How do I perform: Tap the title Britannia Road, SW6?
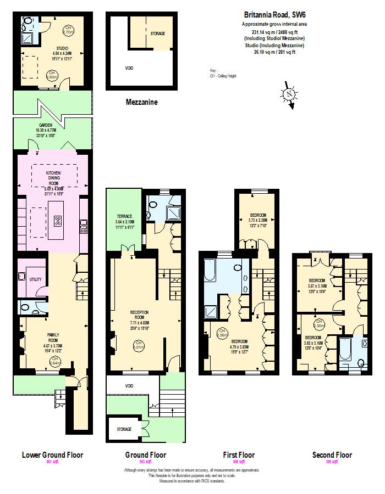(274, 16)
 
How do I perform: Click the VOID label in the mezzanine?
(129, 69)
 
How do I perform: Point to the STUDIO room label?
(62, 48)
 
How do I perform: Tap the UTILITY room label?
(34, 279)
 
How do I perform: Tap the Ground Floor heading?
(145, 455)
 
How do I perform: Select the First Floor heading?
(239, 455)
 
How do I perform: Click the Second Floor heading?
(332, 455)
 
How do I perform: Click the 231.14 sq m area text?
(274, 32)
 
